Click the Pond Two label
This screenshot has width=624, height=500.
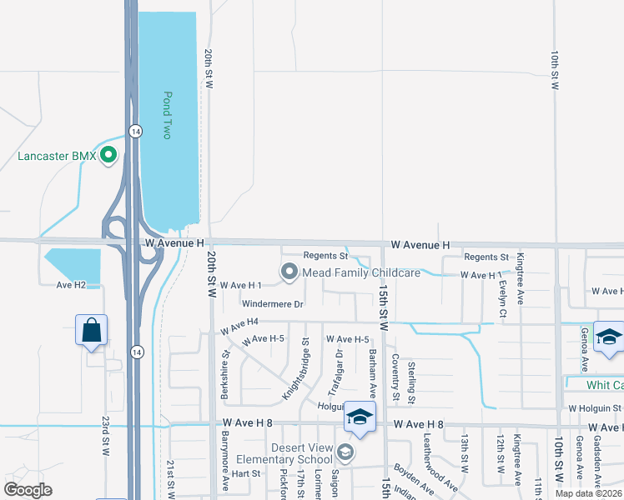[x=168, y=115]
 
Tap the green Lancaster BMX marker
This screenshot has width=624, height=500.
[x=108, y=156]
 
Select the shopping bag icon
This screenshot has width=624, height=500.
[x=92, y=330]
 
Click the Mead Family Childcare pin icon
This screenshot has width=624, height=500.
[x=289, y=272]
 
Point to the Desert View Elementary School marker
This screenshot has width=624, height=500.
[x=345, y=452]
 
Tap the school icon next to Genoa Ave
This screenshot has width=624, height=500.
[x=609, y=337]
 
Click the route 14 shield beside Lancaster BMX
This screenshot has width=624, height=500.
[x=135, y=131]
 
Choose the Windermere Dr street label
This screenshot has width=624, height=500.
[x=273, y=304]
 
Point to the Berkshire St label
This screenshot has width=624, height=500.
[x=225, y=375]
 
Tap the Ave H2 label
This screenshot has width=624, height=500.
[x=71, y=285]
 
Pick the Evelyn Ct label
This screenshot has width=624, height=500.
[x=503, y=292]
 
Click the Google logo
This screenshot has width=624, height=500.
[x=28, y=490]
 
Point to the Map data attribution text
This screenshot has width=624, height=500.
[x=588, y=493]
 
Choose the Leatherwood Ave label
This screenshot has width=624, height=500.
[x=440, y=472]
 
